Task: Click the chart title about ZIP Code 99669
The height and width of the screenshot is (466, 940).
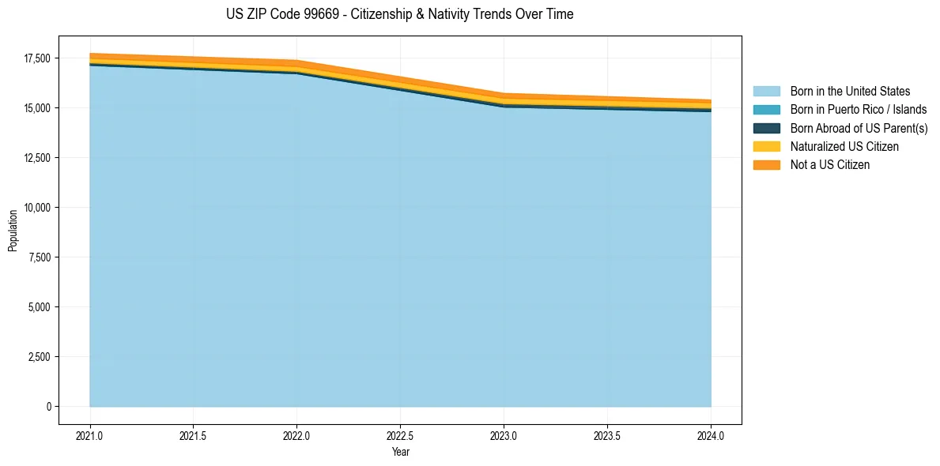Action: [399, 14]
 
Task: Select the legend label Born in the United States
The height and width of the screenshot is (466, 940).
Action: [850, 92]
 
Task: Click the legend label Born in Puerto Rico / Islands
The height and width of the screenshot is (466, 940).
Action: [859, 110]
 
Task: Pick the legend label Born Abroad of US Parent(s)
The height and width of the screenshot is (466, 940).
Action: [859, 128]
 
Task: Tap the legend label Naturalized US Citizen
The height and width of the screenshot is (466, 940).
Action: [844, 147]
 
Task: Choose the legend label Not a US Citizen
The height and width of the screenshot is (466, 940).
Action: [830, 165]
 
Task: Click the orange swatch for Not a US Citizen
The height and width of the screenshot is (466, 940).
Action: [766, 165]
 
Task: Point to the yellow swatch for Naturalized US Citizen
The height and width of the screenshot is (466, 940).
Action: [766, 147]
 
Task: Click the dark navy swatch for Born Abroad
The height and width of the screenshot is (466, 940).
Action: [766, 128]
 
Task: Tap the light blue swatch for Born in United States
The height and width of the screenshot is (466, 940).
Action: [766, 92]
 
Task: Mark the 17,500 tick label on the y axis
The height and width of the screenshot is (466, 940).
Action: [36, 58]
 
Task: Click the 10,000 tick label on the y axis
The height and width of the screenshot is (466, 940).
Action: [36, 208]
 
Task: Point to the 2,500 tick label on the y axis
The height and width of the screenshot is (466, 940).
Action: [39, 357]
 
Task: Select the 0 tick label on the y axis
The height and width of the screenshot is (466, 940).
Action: [48, 407]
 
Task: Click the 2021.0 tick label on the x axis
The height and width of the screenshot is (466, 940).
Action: [89, 435]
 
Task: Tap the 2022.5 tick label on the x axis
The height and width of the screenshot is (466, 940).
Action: [400, 435]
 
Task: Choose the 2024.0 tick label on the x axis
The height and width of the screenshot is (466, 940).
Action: [711, 435]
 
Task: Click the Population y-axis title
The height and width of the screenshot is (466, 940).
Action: [13, 231]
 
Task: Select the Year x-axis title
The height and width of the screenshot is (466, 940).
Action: [400, 453]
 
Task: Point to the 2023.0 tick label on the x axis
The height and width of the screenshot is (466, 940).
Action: [504, 435]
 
